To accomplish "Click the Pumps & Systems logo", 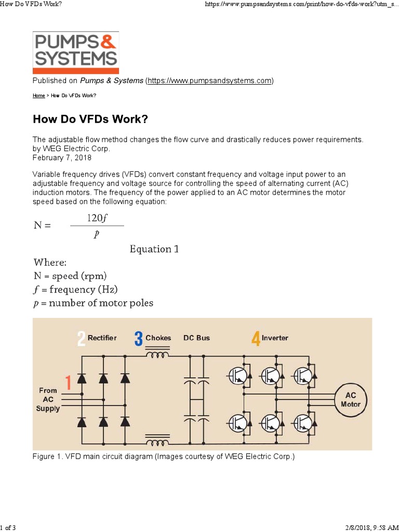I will pos(76,52).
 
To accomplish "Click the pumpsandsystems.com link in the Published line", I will pos(209,81).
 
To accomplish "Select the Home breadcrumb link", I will pos(38,96).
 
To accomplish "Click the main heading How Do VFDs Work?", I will pos(90,119).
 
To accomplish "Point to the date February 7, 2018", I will pos(62,157).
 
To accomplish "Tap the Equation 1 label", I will pos(154,249).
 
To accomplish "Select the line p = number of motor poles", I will pos(93,303).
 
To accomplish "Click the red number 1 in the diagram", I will pos(68,383).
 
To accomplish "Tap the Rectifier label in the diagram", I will pos(102,338).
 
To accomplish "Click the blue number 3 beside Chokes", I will pos(138,339).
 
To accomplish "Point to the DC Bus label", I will pos(196,338).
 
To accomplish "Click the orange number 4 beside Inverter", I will pos(255,339).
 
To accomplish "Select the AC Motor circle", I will pos(351,400).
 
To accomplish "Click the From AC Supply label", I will pos(48,400).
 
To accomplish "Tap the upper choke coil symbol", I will pos(157,356).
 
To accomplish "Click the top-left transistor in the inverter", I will pos(237,376).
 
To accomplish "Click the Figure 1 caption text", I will pos(164,457).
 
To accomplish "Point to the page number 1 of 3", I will pos(8,528).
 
